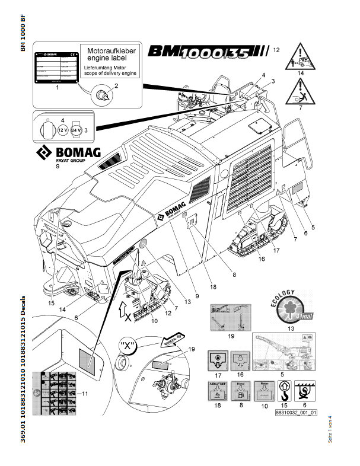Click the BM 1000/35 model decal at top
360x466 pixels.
(207, 53)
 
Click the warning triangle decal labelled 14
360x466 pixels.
(301, 58)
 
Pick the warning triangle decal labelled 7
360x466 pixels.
(301, 91)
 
